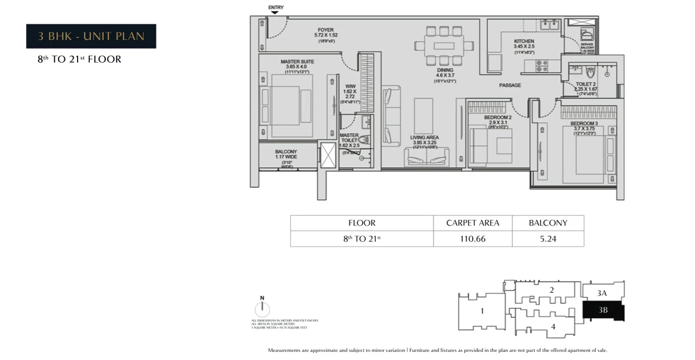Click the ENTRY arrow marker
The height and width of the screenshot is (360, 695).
tap(275, 12)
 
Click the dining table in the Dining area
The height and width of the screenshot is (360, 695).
tap(444, 45)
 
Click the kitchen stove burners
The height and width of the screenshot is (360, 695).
tap(542, 65)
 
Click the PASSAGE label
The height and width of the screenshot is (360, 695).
tap(510, 85)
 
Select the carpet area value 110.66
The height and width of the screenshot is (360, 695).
tap(473, 238)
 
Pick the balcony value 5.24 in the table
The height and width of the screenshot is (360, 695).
tap(547, 238)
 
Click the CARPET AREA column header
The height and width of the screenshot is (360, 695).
tap(473, 223)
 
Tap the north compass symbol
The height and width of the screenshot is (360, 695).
tap(262, 309)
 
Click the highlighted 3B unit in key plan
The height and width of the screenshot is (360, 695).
tap(603, 310)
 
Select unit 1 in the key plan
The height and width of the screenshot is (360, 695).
tap(482, 311)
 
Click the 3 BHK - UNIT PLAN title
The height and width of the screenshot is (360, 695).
tap(91, 36)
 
